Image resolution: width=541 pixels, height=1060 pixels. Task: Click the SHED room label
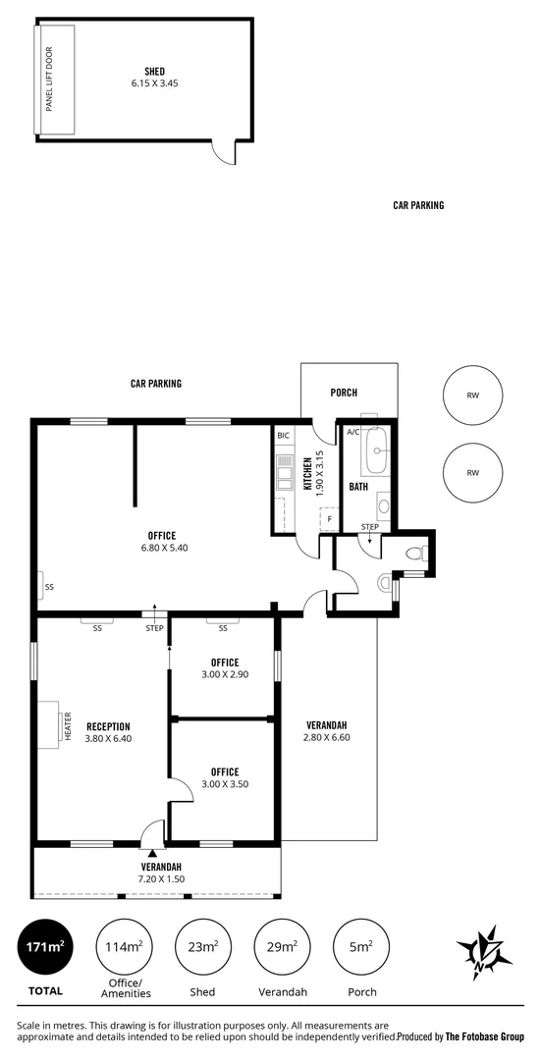[155, 71]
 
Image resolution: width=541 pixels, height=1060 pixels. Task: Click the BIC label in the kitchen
[283, 435]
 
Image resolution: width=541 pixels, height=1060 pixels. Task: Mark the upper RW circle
[472, 397]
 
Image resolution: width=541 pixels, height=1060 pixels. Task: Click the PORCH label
[344, 393]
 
